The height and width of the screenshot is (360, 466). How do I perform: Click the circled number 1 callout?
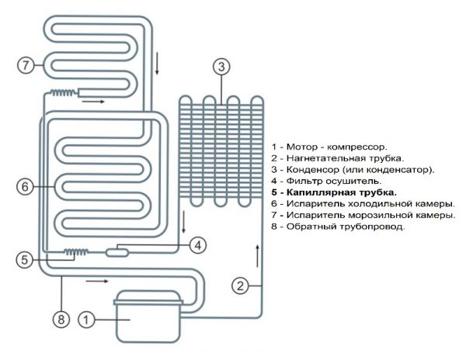(x=88, y=317)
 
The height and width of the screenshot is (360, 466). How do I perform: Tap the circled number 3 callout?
(x=221, y=67)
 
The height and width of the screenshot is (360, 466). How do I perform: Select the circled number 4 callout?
(x=198, y=245)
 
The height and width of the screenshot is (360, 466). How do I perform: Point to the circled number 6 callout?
(x=25, y=186)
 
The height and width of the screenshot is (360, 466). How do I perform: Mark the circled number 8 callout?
(x=61, y=317)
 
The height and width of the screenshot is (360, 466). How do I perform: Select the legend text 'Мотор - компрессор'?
(x=331, y=146)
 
